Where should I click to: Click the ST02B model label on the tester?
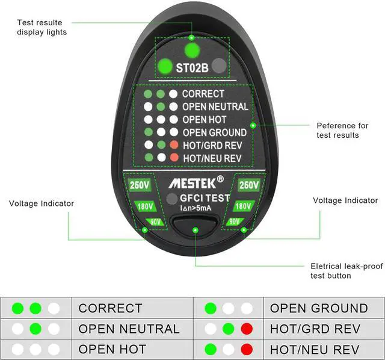[192, 68]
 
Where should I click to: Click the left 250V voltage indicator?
[140, 185]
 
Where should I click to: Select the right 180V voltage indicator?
[242, 206]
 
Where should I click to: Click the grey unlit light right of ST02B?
[219, 66]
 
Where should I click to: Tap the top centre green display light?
[192, 49]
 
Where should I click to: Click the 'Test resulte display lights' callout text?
[42, 27]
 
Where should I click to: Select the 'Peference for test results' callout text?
[342, 130]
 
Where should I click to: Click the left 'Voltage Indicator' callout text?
[42, 203]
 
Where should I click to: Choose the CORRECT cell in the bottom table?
[111, 309]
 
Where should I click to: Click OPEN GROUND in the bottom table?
[319, 309]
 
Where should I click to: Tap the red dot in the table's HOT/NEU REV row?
[246, 349]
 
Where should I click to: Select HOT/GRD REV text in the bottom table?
[315, 329]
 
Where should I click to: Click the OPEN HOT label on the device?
[205, 119]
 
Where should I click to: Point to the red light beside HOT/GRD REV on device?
[174, 145]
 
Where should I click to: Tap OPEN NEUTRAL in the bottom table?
[129, 329]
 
